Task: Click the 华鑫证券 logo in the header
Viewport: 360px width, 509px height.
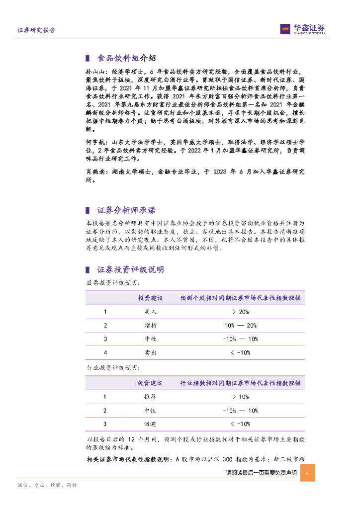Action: click(x=302, y=29)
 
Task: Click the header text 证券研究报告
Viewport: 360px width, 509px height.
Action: click(x=36, y=30)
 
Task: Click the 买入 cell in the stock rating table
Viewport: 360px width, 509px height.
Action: click(x=150, y=312)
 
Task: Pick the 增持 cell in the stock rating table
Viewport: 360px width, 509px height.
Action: click(x=150, y=325)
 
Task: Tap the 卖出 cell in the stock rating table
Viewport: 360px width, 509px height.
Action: click(x=150, y=352)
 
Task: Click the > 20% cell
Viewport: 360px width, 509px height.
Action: click(x=240, y=312)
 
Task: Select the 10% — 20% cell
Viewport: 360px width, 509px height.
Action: click(x=240, y=325)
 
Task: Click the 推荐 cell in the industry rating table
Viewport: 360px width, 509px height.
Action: click(x=150, y=397)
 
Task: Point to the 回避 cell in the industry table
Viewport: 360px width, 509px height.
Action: click(x=150, y=424)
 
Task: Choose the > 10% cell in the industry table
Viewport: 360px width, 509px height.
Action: click(x=240, y=397)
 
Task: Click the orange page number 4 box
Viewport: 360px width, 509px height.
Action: click(x=308, y=472)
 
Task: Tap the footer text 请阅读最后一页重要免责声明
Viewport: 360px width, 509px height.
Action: click(x=261, y=473)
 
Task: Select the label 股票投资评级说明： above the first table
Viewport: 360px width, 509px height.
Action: click(x=106, y=282)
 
